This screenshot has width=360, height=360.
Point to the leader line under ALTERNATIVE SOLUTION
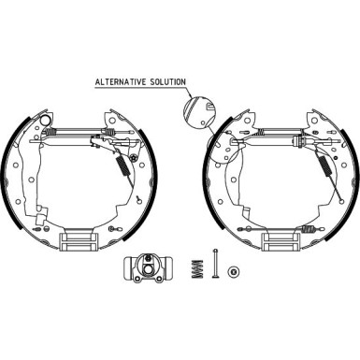(140, 89)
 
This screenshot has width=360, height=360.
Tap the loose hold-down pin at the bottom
(214, 266)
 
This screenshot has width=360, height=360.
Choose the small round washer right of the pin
(233, 270)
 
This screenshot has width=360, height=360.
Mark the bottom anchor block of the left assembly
(79, 240)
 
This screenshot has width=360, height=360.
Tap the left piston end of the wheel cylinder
(127, 269)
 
